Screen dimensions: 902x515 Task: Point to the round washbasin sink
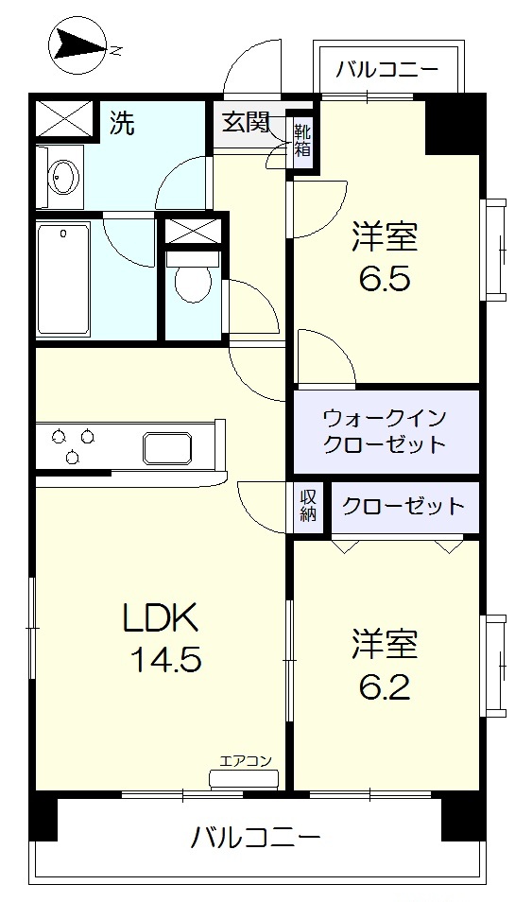(x=64, y=176)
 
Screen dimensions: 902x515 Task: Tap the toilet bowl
(x=194, y=279)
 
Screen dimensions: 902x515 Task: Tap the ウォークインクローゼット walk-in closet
(x=384, y=430)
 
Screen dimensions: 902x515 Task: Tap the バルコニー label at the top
(x=387, y=69)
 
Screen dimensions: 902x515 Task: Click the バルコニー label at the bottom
(x=255, y=838)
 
